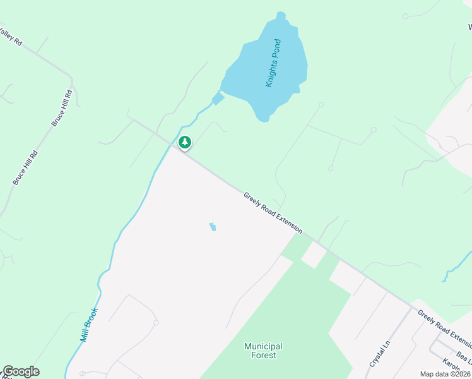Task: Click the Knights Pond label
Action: click(273, 63)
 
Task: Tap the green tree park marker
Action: click(184, 143)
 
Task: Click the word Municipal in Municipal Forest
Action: click(263, 346)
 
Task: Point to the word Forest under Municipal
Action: click(263, 355)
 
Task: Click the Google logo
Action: click(21, 371)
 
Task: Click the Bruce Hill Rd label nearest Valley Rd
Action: click(62, 107)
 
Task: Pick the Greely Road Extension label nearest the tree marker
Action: click(273, 213)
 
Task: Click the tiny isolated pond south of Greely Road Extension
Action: click(213, 226)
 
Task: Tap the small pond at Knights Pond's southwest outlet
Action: click(218, 99)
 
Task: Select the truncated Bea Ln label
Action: click(464, 356)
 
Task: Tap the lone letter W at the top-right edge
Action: click(469, 27)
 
